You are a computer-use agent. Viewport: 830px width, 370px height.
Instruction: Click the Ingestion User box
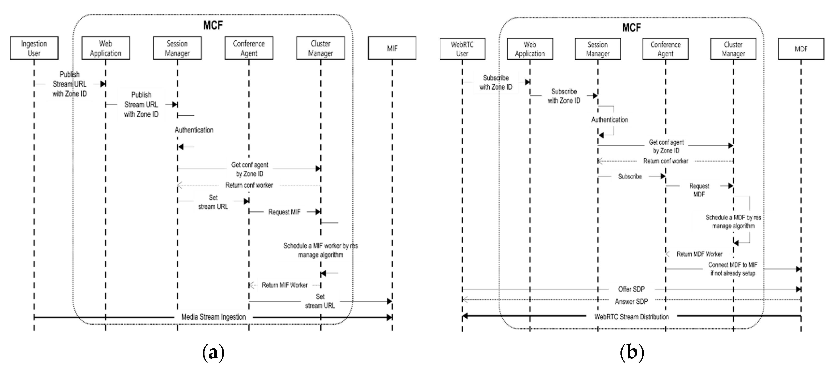[x=34, y=48]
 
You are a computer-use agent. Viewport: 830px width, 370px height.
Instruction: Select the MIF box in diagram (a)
[x=392, y=48]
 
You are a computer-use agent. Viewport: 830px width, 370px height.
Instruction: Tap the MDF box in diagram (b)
[x=801, y=49]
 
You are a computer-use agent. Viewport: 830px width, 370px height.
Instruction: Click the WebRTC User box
[x=462, y=49]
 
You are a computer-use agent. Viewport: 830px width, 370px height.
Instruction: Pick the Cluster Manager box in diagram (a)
[x=320, y=48]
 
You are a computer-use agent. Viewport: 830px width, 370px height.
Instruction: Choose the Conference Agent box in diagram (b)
[x=665, y=49]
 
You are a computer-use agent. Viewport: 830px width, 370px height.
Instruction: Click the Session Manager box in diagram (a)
[x=177, y=48]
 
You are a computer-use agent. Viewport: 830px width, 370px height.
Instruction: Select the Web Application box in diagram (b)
[x=530, y=49]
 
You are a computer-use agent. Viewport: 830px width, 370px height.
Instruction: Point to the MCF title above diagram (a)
[x=213, y=25]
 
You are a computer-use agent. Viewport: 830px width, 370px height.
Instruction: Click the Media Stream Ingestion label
[x=213, y=317]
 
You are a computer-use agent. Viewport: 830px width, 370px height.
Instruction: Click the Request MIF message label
[x=284, y=212]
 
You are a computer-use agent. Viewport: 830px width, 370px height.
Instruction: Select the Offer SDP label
[x=631, y=289]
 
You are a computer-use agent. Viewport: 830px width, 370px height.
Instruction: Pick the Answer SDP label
[x=631, y=301]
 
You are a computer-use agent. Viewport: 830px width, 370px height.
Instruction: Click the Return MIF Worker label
[x=284, y=285]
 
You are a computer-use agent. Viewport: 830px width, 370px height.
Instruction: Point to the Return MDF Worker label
[x=699, y=254]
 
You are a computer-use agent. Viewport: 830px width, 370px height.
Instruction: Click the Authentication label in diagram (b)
[x=609, y=120]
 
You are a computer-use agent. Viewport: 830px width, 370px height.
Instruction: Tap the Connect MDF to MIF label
[x=733, y=269]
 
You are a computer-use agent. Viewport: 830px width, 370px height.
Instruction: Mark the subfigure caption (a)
[x=213, y=353]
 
